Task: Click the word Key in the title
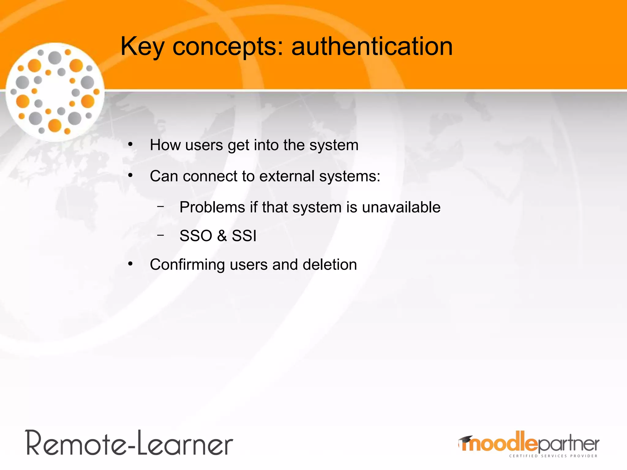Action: [x=142, y=47]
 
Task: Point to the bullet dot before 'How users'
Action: [x=130, y=144]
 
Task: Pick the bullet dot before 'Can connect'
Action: [x=130, y=175]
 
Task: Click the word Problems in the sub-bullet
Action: [x=212, y=207]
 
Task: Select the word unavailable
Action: [x=401, y=207]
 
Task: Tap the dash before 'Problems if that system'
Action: [x=160, y=207]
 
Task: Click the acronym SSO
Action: [x=196, y=236]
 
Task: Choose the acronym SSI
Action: [x=244, y=236]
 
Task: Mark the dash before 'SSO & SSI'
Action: [x=160, y=235]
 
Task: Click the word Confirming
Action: [x=187, y=265]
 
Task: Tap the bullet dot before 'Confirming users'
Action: [x=130, y=264]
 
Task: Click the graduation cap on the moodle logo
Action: [x=466, y=440]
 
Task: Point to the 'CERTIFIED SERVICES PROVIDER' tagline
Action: [x=553, y=456]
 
